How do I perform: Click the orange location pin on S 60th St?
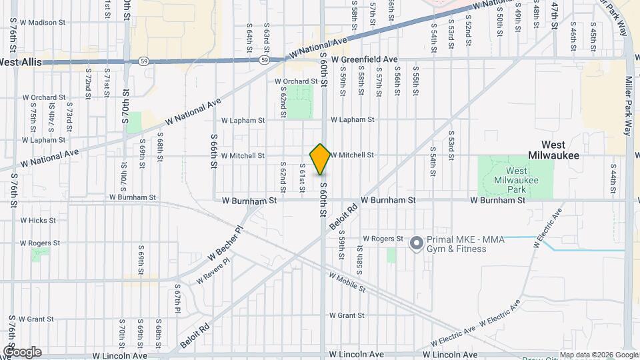click(321, 159)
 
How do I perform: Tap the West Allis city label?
click(21, 62)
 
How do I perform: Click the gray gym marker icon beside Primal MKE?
click(417, 244)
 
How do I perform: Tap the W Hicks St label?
click(38, 220)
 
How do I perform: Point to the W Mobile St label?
click(347, 283)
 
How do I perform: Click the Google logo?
click(22, 351)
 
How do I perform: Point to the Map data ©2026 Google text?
click(598, 355)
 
